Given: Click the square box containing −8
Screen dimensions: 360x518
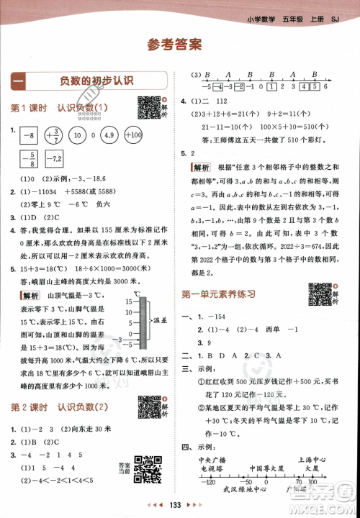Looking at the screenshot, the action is (x=29, y=135).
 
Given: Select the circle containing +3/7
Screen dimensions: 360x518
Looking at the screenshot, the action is (x=53, y=135).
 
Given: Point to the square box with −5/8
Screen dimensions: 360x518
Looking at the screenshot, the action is (x=29, y=158).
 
